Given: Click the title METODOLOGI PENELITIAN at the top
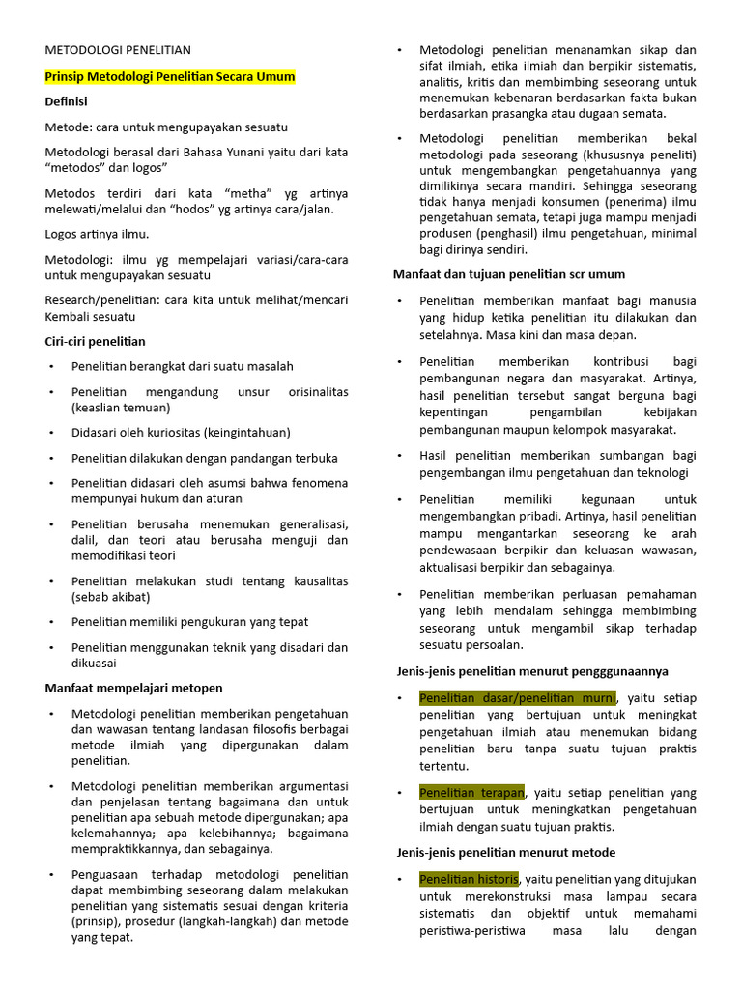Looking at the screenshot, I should pyautogui.click(x=118, y=50).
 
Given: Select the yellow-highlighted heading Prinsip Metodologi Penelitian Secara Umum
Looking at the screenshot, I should pyautogui.click(x=170, y=76).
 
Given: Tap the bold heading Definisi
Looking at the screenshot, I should pyautogui.click(x=66, y=101).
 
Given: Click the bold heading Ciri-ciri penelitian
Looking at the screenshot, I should pyautogui.click(x=96, y=341).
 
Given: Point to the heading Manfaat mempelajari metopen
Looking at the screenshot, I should pyautogui.click(x=134, y=688).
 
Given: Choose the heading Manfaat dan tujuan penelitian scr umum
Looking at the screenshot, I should pyautogui.click(x=509, y=274).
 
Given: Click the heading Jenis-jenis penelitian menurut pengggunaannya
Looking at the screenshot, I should pyautogui.click(x=532, y=671).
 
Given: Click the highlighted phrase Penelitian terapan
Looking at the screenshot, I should pyautogui.click(x=471, y=792).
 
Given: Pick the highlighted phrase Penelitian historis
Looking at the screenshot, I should pyautogui.click(x=469, y=879).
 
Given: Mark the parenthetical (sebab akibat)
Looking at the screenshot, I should pyautogui.click(x=110, y=598).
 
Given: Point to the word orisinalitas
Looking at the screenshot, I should pyautogui.click(x=318, y=392).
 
